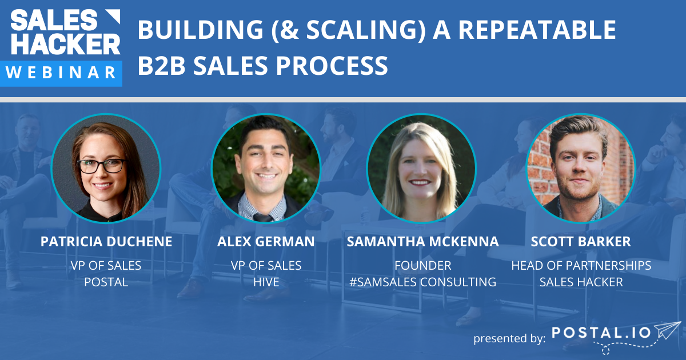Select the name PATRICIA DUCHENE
point(106,242)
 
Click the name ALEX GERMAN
point(266,242)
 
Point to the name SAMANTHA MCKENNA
point(423,242)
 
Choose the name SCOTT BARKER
point(581,242)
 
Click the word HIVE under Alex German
point(266,282)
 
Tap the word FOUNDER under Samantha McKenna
point(423,266)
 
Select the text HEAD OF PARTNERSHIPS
point(581,266)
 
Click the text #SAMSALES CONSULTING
point(423,282)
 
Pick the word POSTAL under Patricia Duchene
point(106,282)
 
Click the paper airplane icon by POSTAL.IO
point(668,331)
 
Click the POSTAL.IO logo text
point(601,333)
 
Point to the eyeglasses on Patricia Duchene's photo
point(101,166)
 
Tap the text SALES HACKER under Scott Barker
point(581,282)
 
